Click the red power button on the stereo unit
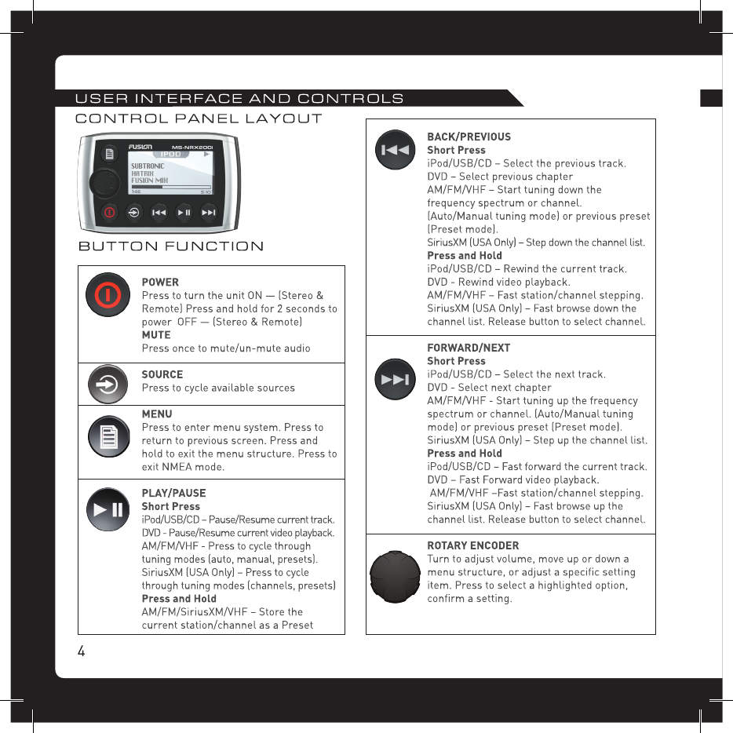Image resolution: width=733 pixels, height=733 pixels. [109, 212]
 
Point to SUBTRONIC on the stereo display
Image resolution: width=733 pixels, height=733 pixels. [148, 166]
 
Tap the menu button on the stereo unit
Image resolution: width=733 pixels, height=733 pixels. [110, 151]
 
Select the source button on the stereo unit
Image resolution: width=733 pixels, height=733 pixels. [134, 212]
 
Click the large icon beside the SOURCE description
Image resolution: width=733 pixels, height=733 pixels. [108, 385]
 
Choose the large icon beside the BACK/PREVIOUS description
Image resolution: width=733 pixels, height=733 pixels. [396, 150]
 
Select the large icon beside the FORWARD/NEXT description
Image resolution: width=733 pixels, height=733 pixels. [396, 380]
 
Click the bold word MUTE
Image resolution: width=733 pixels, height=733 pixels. [155, 335]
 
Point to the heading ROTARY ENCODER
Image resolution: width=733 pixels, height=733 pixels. [472, 545]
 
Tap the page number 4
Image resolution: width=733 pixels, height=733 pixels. [81, 651]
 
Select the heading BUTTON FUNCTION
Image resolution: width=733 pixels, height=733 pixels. [171, 246]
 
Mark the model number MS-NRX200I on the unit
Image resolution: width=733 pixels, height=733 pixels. [198, 146]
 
